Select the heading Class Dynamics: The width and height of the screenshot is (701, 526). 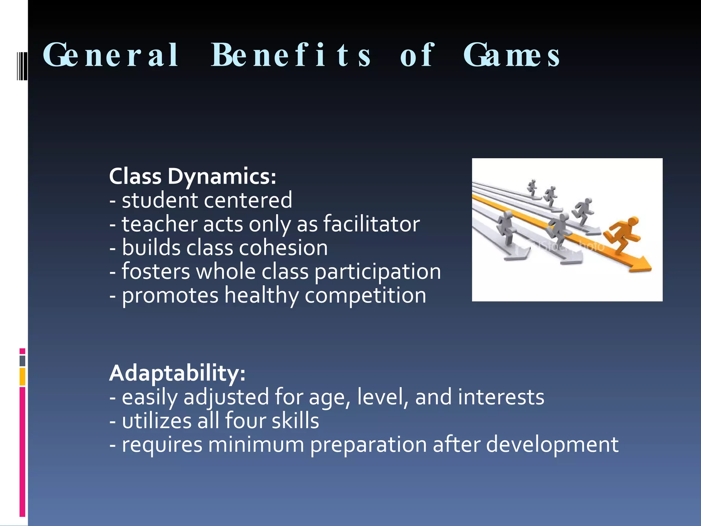192,177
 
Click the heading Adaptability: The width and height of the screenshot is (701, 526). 177,373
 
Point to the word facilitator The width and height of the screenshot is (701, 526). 371,224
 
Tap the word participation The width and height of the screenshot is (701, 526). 378,272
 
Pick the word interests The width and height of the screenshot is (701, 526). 501,397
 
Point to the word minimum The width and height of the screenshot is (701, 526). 256,444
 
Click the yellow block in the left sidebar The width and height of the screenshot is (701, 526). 22,377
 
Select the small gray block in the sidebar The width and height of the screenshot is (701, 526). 22,361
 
